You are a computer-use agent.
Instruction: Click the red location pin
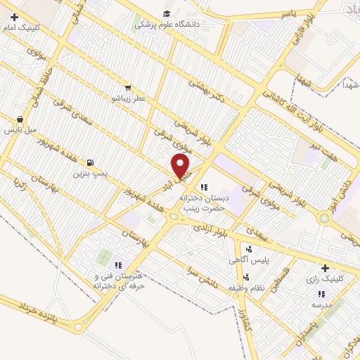[181, 166]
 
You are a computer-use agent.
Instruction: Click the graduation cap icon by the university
[167, 13]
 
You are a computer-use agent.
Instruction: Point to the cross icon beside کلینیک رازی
[324, 268]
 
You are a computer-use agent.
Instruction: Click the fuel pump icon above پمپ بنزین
[89, 162]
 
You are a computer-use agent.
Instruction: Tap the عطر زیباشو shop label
[127, 98]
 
